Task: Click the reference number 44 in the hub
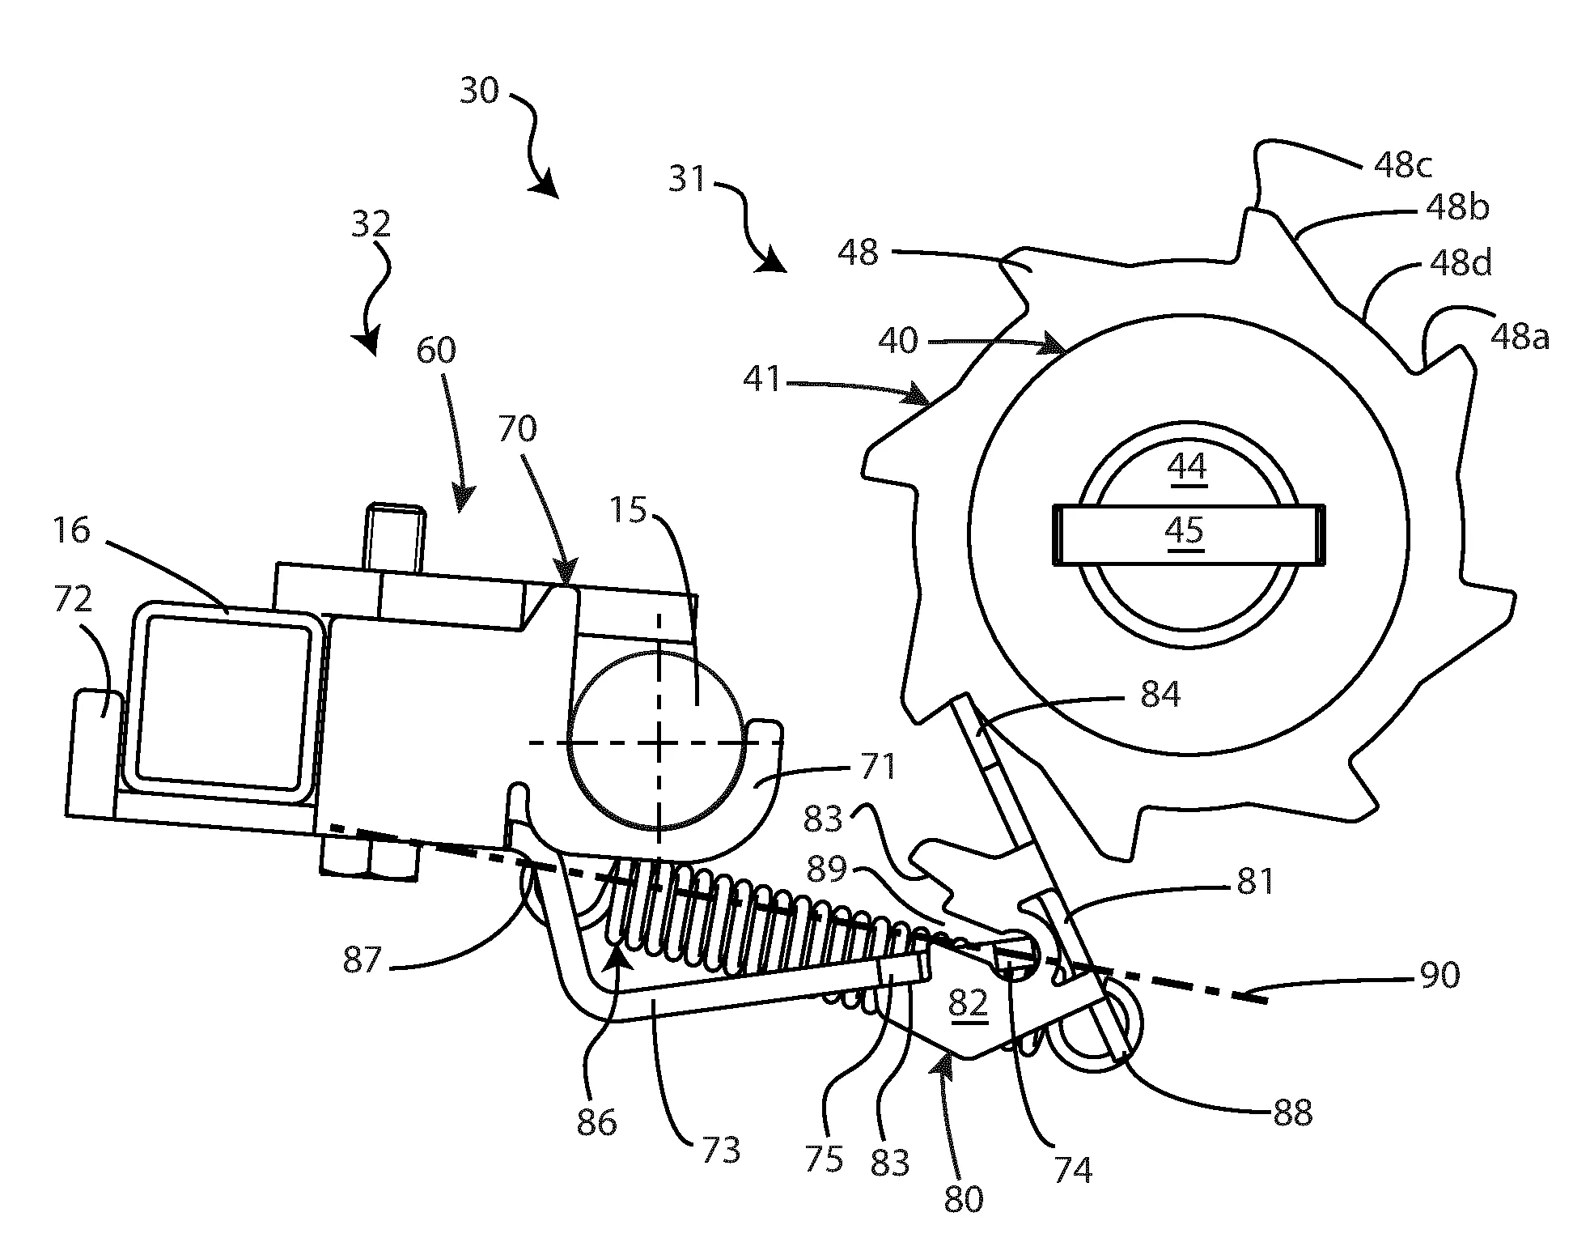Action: (x=1188, y=467)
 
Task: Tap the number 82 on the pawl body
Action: (x=968, y=1003)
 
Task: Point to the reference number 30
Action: (x=479, y=91)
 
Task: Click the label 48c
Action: (x=1403, y=166)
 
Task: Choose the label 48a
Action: (x=1520, y=336)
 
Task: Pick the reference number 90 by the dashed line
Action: (x=1439, y=974)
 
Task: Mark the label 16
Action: (x=72, y=531)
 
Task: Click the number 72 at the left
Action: (x=72, y=600)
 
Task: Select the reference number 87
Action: (x=361, y=960)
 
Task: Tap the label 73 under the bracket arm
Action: (x=721, y=1148)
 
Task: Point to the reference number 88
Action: (x=1291, y=1113)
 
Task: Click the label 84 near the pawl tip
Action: (x=1160, y=694)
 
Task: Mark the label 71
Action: (x=877, y=766)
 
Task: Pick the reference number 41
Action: (x=761, y=379)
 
